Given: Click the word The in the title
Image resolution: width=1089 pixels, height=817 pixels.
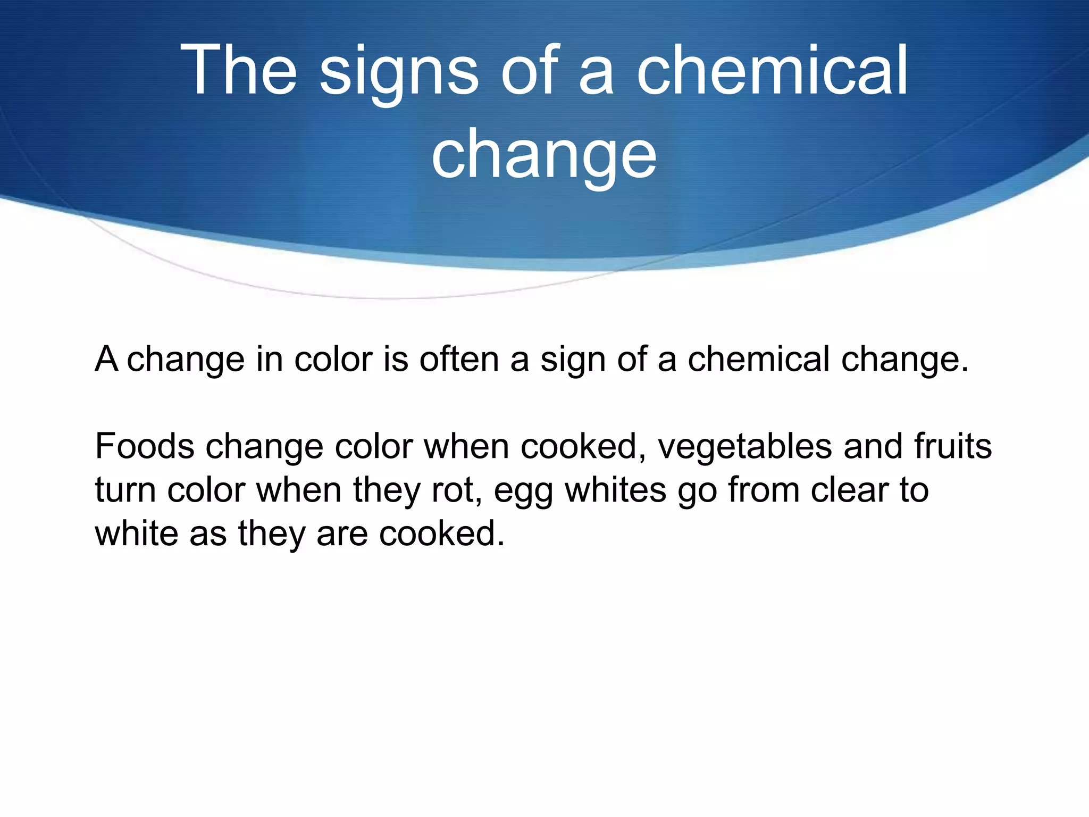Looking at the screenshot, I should click(x=238, y=70).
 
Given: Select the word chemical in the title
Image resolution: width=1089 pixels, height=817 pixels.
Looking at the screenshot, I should click(x=772, y=70).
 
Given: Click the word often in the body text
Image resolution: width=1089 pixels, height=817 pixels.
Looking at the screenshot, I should click(x=459, y=359).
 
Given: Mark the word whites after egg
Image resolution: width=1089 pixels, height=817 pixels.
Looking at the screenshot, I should click(x=615, y=490).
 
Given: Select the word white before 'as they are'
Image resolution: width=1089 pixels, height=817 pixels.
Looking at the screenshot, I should click(x=137, y=533).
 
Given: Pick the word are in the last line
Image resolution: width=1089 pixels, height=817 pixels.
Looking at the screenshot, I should click(x=342, y=535).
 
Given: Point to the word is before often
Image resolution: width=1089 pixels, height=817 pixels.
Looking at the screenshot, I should click(x=396, y=359).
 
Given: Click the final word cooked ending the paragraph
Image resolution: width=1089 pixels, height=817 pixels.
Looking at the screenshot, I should click(x=441, y=533).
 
